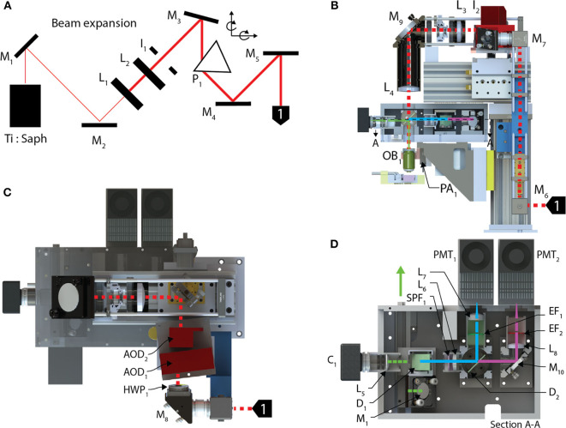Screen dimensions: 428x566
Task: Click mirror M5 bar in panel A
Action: point(283,57)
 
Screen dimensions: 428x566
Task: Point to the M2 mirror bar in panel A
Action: point(99,126)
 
